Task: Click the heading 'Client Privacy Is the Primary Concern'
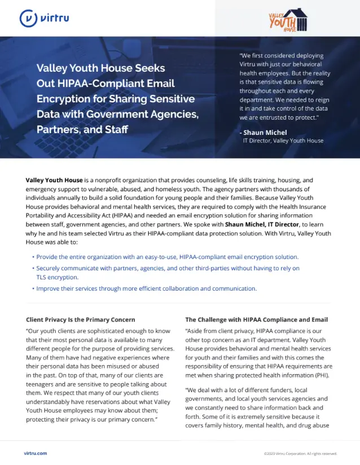pos(81,319)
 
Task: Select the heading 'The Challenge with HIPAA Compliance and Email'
pos(256,319)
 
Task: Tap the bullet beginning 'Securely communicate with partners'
pos(168,268)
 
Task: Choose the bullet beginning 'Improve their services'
pos(146,288)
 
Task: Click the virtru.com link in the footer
pos(36,453)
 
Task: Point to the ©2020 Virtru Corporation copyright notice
pos(300,453)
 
